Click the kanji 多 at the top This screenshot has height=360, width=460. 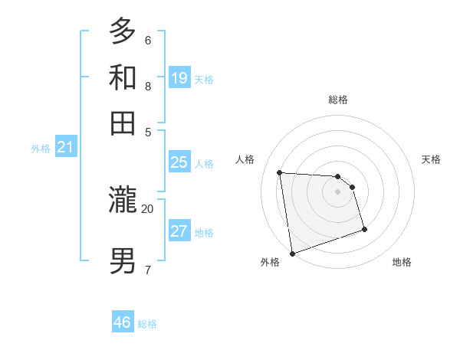coord(123,32)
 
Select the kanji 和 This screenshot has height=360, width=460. coord(123,77)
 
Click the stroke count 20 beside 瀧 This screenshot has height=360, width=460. coord(147,208)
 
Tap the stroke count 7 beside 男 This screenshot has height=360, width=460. coord(147,269)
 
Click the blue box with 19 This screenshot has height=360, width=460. coord(179,77)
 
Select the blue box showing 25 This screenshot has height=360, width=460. coord(179,162)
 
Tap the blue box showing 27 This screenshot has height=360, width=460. coord(179,231)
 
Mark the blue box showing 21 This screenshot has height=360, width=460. coord(65,148)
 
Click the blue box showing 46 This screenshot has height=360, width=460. coord(122,322)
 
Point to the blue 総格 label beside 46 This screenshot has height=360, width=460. coord(147,324)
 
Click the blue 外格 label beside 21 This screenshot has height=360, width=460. coord(41,149)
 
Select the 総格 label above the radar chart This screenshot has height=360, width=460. coord(337,100)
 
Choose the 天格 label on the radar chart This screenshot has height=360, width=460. coord(431,159)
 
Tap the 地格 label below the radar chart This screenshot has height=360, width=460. coord(402,262)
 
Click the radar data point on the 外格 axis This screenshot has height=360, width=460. coord(292,254)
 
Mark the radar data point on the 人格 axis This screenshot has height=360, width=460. coord(280,172)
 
